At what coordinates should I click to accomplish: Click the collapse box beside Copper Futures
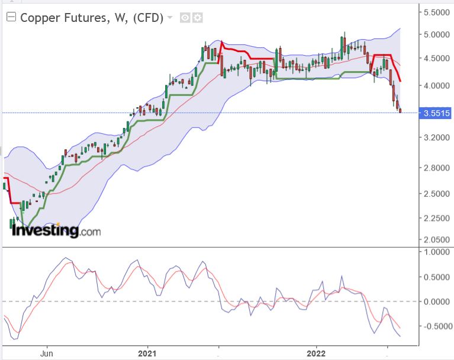coord(11,18)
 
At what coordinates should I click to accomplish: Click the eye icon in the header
coord(185,18)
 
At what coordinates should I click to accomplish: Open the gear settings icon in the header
coord(197,18)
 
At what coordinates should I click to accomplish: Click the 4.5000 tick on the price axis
coord(436,59)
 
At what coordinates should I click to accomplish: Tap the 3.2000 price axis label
coord(436,138)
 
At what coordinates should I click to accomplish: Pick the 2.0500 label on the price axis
coord(436,239)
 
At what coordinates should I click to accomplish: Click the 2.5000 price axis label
coord(436,194)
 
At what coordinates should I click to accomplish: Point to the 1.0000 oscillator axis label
coord(436,252)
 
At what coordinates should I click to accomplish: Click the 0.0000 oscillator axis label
coord(436,301)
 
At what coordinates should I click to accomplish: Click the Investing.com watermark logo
coord(56,230)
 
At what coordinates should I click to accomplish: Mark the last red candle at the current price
coord(400,110)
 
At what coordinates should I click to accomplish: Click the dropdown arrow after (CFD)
coord(170,18)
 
